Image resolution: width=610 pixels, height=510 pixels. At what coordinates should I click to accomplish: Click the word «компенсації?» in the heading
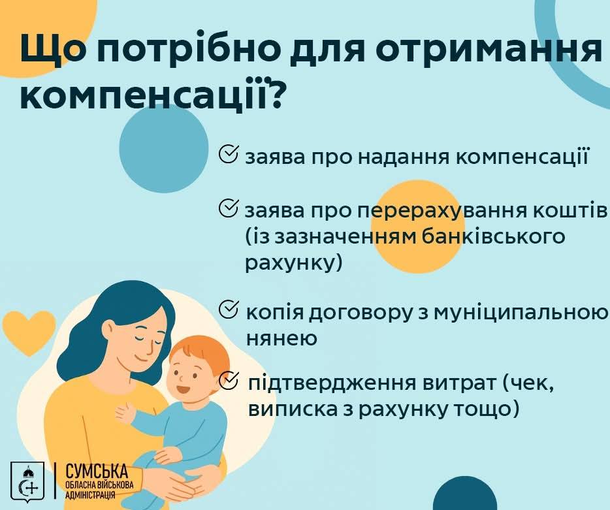point(151,94)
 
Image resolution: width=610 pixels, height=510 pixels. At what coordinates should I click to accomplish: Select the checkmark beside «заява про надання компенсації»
point(229,155)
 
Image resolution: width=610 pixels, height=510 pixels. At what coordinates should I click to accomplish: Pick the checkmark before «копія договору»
point(229,310)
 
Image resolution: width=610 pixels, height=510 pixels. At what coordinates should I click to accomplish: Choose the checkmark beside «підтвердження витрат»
point(229,380)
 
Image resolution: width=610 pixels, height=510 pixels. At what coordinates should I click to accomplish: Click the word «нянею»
point(281,338)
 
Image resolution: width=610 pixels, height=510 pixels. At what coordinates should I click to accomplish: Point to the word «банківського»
point(493,237)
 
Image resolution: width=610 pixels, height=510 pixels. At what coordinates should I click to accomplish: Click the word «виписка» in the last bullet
point(293,409)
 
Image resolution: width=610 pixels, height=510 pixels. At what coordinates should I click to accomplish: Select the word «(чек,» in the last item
point(528,384)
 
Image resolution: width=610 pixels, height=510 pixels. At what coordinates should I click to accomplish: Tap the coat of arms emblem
point(27,481)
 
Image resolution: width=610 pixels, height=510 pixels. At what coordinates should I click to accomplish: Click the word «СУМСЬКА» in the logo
point(97,471)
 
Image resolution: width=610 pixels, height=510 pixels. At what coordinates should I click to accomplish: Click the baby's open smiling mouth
point(182,389)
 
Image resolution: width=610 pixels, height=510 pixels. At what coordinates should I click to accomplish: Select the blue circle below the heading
point(164,149)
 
